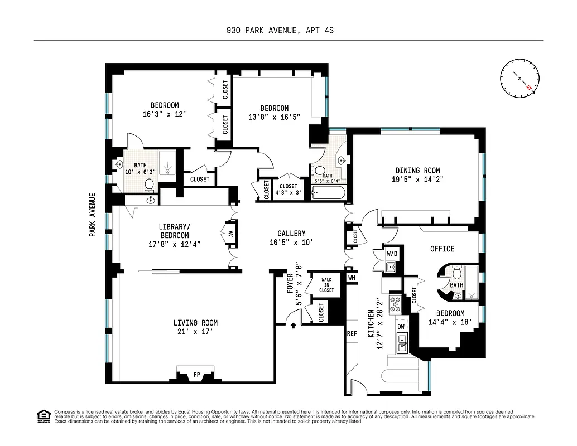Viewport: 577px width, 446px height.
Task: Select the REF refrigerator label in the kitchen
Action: pos(352,333)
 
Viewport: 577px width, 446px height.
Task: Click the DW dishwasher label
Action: pos(401,326)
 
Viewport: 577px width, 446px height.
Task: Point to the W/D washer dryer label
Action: pos(392,254)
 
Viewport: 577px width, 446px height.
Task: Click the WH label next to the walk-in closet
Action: pos(352,277)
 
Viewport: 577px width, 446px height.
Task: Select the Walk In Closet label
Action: pos(326,285)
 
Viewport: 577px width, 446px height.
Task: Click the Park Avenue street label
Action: pos(93,215)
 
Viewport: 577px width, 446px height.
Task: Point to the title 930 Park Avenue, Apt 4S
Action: pos(288,31)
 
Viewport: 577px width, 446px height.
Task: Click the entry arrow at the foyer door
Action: pos(293,324)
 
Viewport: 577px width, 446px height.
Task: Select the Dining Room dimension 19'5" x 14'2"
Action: pos(417,180)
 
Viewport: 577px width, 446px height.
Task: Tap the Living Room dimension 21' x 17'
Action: pos(195,332)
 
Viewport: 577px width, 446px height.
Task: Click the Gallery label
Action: pos(291,234)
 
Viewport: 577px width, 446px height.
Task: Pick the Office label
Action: pos(442,249)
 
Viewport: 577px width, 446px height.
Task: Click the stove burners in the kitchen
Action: pos(396,304)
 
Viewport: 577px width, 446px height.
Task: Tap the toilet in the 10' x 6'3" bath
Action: pos(149,184)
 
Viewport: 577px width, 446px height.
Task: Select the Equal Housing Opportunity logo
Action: pos(43,415)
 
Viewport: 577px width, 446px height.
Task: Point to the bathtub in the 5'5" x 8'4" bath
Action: pos(329,193)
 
